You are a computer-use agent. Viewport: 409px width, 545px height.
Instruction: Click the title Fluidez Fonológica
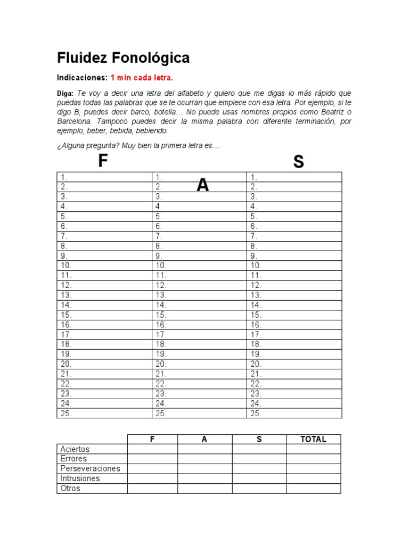[x=123, y=57]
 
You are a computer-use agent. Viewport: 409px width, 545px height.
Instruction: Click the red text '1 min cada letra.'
[x=142, y=78]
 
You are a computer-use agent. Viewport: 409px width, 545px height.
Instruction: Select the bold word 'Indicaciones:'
[x=82, y=78]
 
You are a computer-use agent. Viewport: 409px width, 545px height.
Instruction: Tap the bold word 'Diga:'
[x=66, y=93]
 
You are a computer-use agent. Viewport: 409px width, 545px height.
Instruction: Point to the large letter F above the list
[x=103, y=161]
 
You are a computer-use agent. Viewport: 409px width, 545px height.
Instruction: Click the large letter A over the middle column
[x=202, y=185]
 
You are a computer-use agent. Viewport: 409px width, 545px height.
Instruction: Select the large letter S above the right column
[x=298, y=162]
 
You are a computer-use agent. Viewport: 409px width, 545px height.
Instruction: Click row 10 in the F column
[x=104, y=266]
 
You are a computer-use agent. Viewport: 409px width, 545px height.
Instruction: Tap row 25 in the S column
[x=294, y=414]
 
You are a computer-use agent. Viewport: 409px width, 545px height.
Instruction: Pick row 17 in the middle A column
[x=199, y=335]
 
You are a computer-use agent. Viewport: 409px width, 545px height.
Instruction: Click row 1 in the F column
[x=104, y=177]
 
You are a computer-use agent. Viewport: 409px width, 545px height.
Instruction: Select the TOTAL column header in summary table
[x=313, y=439]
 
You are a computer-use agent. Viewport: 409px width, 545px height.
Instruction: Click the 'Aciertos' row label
[x=75, y=449]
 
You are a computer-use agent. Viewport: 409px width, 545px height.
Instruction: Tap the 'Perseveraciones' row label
[x=91, y=469]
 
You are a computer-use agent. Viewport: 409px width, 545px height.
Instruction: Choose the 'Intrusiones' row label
[x=79, y=478]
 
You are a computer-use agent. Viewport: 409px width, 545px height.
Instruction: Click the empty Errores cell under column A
[x=204, y=459]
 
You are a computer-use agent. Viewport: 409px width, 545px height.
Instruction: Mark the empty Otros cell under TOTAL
[x=313, y=489]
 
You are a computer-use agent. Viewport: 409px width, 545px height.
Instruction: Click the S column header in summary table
[x=259, y=439]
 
